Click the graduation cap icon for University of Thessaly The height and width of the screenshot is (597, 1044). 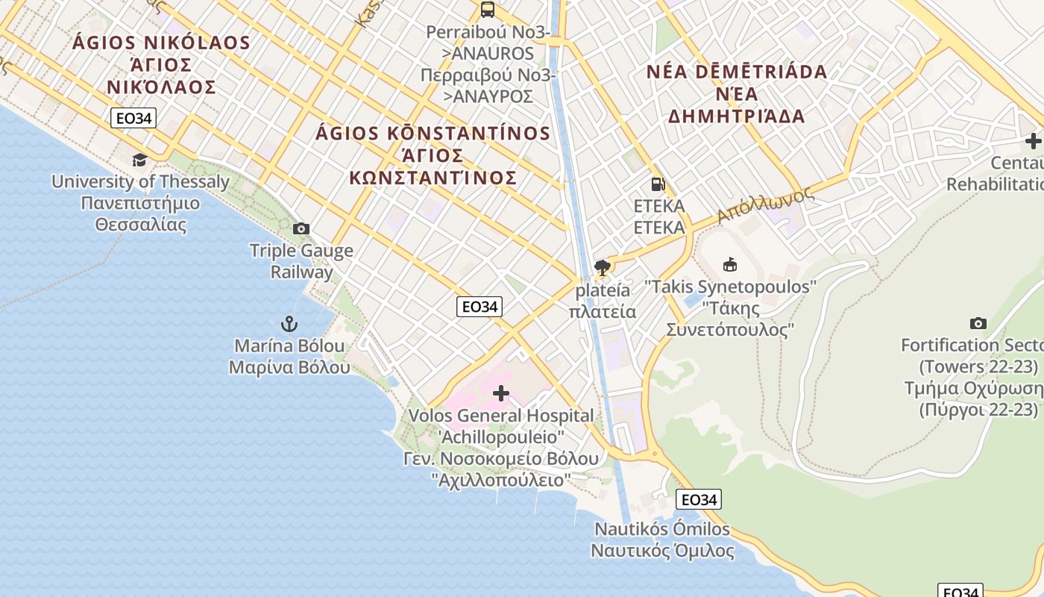[139, 160]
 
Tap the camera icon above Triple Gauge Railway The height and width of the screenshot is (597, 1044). [301, 228]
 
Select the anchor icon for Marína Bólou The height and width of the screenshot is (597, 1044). [289, 324]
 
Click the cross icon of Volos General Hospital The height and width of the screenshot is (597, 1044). [501, 393]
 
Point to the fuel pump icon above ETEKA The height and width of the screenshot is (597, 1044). [658, 184]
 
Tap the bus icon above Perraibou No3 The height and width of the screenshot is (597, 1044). [488, 10]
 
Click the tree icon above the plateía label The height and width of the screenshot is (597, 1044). [603, 267]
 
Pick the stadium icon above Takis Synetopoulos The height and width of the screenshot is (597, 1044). [730, 264]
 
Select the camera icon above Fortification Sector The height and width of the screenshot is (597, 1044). [978, 323]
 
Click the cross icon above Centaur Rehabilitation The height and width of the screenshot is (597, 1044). [1033, 140]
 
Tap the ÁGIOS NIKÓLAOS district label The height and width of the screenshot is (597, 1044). [161, 42]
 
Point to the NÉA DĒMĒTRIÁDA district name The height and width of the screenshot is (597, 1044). [737, 72]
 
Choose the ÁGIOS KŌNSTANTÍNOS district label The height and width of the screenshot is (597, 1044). [433, 134]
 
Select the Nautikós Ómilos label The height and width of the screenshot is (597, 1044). [662, 529]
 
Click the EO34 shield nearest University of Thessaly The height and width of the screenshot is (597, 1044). [133, 117]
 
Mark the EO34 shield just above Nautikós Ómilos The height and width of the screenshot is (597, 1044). [699, 499]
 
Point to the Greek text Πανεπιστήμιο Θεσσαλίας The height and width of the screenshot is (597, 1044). [140, 213]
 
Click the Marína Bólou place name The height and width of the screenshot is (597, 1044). [289, 346]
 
